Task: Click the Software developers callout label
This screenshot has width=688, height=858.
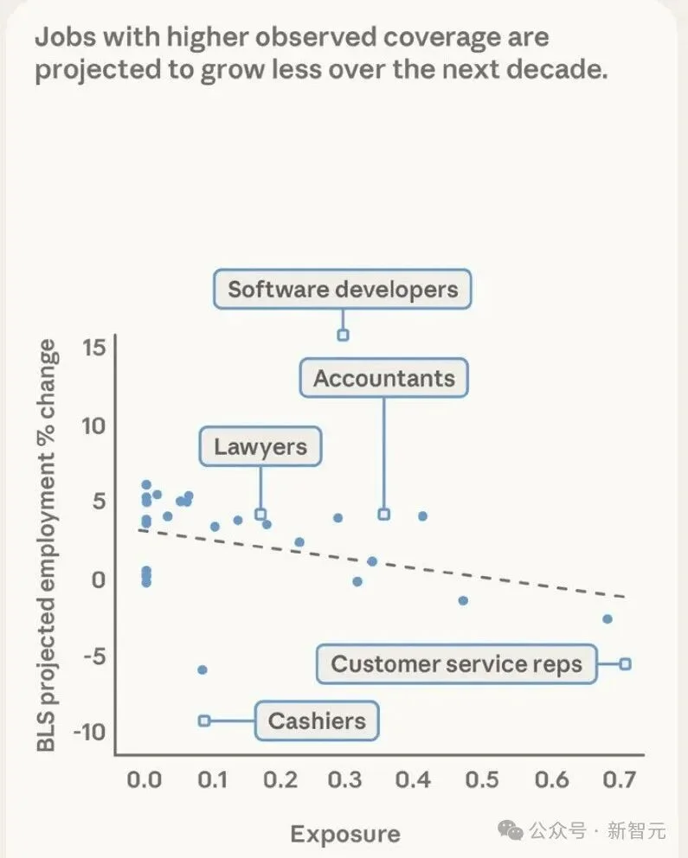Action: pos(343,289)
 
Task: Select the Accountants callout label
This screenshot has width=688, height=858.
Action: pos(383,379)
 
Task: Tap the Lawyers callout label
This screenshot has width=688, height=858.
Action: pos(260,447)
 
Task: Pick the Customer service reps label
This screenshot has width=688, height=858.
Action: pos(456,664)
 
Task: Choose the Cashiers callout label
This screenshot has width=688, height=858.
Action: pos(317,720)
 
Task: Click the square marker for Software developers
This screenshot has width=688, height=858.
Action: pos(343,335)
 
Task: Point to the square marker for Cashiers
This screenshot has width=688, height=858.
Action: pos(204,720)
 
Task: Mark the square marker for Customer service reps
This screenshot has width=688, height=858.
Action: pos(625,663)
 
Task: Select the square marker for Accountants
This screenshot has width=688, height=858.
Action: pos(383,515)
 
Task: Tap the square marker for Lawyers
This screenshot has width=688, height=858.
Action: pos(260,514)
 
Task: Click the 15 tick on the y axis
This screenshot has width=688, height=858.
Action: pos(93,348)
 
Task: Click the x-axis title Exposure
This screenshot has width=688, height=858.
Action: pos(345,834)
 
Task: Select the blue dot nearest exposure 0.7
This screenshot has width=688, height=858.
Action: pos(608,618)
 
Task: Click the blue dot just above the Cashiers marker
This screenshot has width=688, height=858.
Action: pos(203,669)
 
